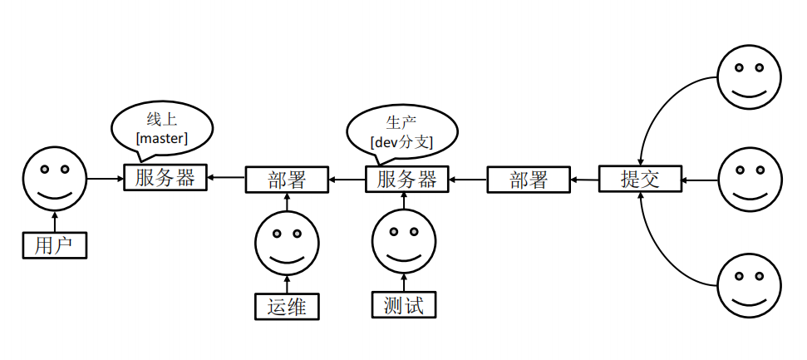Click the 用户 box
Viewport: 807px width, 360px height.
(55, 245)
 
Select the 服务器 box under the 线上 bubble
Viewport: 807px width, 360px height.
(165, 178)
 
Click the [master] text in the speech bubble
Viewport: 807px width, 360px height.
(162, 138)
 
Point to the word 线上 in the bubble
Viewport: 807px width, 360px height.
(162, 119)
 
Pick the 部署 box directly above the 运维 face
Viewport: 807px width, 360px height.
(288, 180)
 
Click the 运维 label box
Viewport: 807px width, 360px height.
(288, 307)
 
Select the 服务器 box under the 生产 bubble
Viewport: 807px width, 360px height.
(406, 180)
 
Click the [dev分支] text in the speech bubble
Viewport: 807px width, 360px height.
(401, 142)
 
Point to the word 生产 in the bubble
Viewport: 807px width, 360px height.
(401, 123)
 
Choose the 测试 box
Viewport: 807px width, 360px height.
(404, 305)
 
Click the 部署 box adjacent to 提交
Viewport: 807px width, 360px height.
(529, 180)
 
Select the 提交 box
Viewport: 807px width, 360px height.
(640, 179)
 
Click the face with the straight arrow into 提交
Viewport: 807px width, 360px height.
(750, 180)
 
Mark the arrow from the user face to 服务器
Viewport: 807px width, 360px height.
(105, 179)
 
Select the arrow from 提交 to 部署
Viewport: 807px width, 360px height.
(585, 179)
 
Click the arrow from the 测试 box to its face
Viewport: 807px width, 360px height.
(404, 283)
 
